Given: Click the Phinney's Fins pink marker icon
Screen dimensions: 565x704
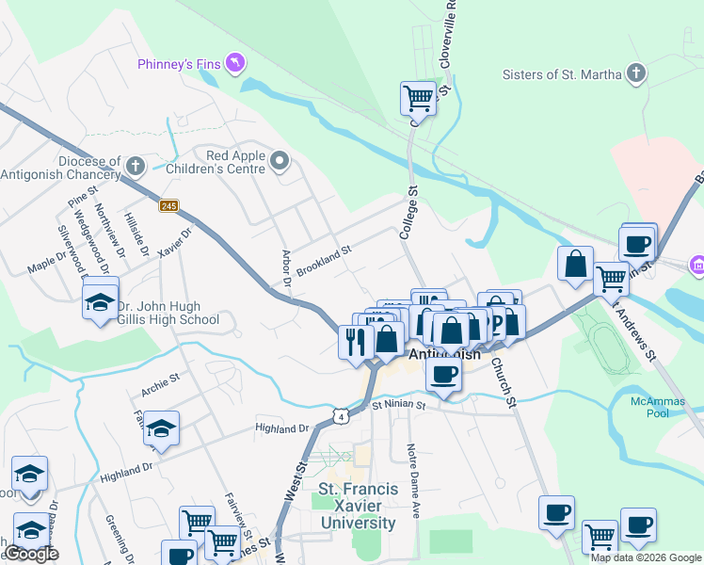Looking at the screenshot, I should (234, 64).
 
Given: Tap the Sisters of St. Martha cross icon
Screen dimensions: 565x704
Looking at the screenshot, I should (637, 73).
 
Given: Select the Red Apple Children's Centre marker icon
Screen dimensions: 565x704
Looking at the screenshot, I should (279, 161).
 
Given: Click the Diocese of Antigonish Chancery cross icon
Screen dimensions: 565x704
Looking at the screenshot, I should (136, 168).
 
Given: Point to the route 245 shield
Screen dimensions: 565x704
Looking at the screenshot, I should (168, 206).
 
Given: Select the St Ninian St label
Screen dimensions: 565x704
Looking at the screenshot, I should (399, 406).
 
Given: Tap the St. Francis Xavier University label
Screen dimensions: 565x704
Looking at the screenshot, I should (358, 506).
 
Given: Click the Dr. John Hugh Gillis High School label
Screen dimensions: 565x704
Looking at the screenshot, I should (169, 313).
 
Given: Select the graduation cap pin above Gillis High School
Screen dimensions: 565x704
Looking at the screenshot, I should (101, 301).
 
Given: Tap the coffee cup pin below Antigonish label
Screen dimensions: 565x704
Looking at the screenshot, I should (444, 373).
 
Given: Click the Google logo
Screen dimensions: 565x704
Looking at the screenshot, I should (30, 555).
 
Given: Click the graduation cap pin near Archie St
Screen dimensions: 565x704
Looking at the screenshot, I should (162, 428).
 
